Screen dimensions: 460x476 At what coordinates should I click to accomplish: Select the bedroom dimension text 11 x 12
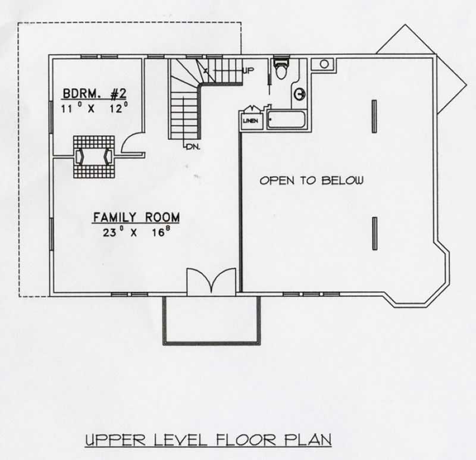pyautogui.click(x=95, y=108)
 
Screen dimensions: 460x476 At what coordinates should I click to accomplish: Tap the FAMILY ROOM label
pyautogui.click(x=136, y=218)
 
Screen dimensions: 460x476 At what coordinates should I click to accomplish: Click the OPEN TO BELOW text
pyautogui.click(x=311, y=180)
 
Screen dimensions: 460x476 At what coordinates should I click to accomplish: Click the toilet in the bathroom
pyautogui.click(x=280, y=68)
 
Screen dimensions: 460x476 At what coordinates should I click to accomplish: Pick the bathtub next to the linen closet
pyautogui.click(x=286, y=120)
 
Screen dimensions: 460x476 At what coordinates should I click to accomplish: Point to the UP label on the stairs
pyautogui.click(x=248, y=71)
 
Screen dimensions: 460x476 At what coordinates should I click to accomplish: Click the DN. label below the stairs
pyautogui.click(x=192, y=146)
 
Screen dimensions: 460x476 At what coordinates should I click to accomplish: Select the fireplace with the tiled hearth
pyautogui.click(x=93, y=157)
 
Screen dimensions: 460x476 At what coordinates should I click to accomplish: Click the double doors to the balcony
pyautogui.click(x=212, y=281)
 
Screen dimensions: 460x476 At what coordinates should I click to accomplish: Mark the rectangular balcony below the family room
pyautogui.click(x=212, y=320)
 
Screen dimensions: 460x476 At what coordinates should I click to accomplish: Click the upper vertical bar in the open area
pyautogui.click(x=374, y=116)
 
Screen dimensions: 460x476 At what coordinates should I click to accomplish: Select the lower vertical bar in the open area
pyautogui.click(x=374, y=233)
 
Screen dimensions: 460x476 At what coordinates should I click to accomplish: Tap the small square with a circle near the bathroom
pyautogui.click(x=324, y=64)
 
